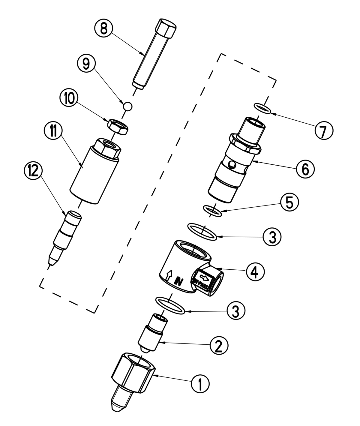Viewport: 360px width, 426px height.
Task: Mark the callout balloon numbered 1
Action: (200, 384)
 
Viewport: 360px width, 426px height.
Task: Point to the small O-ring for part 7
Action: (262, 109)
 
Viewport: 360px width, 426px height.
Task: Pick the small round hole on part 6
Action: (231, 164)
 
